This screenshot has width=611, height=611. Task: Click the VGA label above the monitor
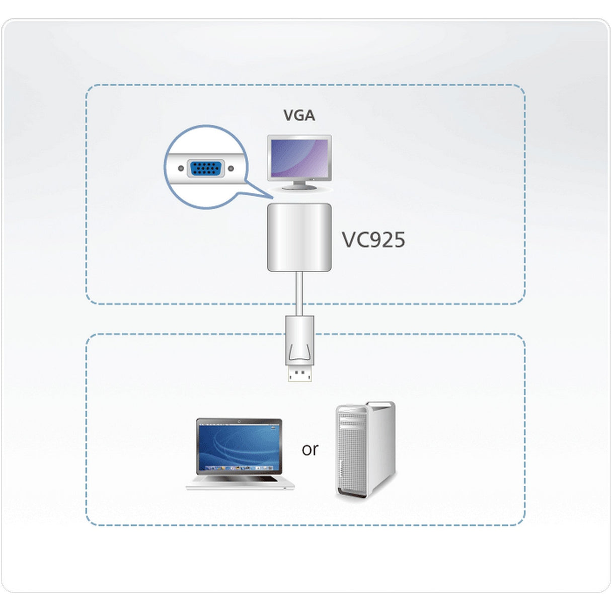pos(299,115)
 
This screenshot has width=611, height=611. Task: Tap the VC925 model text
pos(373,240)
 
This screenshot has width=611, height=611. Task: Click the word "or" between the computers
pos(310,449)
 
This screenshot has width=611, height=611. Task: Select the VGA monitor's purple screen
pos(300,157)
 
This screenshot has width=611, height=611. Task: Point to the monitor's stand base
pos(299,187)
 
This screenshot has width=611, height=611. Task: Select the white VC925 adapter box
pos(299,237)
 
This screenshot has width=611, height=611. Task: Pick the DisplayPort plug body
pos(299,340)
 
